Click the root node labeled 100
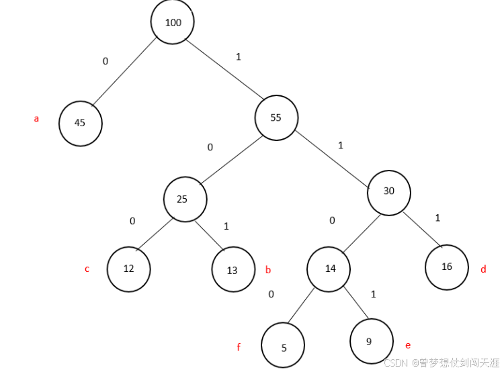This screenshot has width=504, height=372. click(173, 22)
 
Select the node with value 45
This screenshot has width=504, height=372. click(80, 123)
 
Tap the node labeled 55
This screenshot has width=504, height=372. click(276, 118)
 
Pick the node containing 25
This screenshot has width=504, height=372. click(185, 199)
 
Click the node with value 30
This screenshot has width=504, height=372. click(388, 191)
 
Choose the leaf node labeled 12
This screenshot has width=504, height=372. click(128, 269)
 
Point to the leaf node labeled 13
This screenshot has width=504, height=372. click(233, 270)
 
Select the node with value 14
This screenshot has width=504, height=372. click(329, 269)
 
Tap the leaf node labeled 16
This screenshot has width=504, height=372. click(447, 267)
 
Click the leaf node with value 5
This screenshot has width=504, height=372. click(283, 346)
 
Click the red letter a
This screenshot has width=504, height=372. click(36, 119)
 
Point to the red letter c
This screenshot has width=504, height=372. click(87, 269)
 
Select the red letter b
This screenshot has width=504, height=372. click(268, 270)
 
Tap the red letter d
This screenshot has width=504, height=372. click(482, 270)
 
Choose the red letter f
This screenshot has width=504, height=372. click(239, 347)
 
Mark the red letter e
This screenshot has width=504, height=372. click(408, 345)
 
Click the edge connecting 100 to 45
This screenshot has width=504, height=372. click(124, 71)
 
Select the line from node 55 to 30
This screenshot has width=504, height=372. click(332, 154)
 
